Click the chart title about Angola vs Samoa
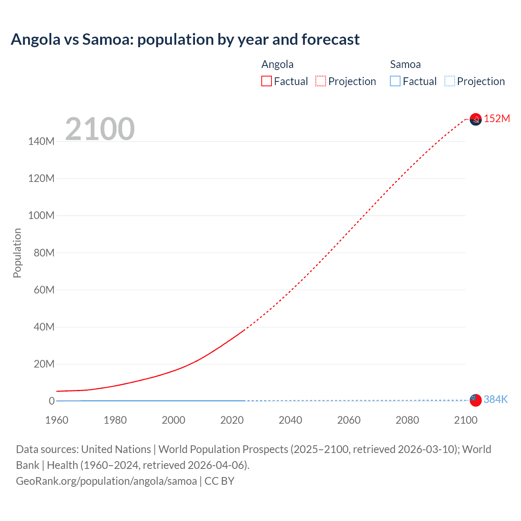[x=185, y=39]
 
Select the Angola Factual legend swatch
[x=266, y=81]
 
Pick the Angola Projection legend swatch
[x=321, y=81]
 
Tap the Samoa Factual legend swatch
[x=395, y=81]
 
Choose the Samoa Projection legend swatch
[x=449, y=81]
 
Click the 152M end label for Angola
[x=497, y=118]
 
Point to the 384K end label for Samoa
[x=496, y=399]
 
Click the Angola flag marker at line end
[x=475, y=119]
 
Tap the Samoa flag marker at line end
[x=475, y=400]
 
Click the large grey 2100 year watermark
[x=100, y=129]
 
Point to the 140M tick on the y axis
[x=41, y=142]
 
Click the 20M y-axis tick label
[x=44, y=364]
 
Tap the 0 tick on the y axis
[x=52, y=401]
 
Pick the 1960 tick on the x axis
[x=57, y=420]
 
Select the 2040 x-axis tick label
[x=290, y=420]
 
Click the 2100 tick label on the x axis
[x=465, y=420]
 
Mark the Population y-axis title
[x=17, y=253]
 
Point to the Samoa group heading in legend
[x=405, y=64]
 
